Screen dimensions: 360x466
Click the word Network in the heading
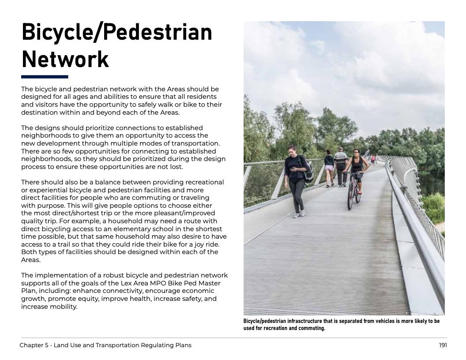pos(65,60)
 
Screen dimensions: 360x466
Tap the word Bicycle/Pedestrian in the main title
pos(116,32)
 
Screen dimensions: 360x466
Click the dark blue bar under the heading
pos(45,77)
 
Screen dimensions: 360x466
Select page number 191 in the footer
pos(443,345)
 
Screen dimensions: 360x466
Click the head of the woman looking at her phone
pos(292,150)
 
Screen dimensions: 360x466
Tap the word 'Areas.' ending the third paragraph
pos(31,260)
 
